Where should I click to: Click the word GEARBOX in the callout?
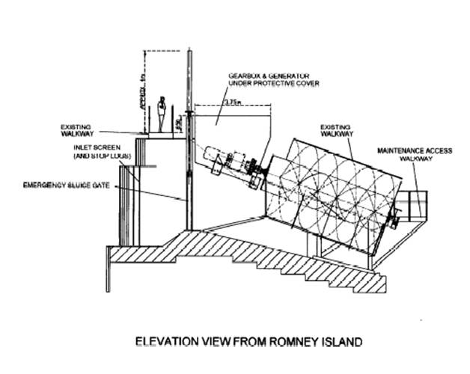pos(243,76)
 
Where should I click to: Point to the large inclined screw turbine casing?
pos(333,194)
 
